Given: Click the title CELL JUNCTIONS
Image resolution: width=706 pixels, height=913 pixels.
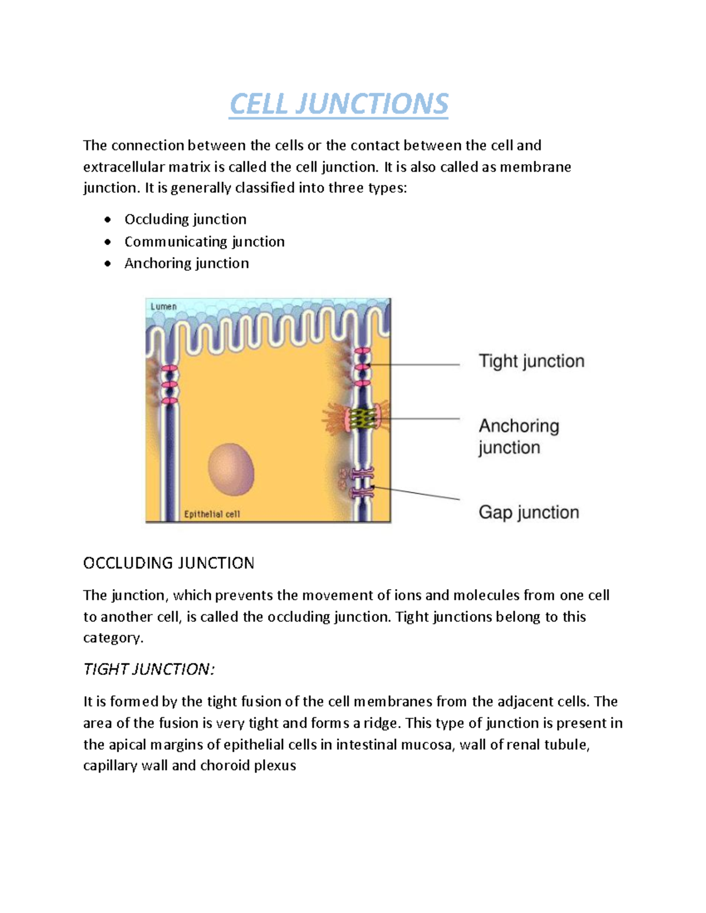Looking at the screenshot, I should click(338, 104).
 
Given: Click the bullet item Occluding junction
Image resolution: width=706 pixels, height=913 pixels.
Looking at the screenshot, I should click(185, 219).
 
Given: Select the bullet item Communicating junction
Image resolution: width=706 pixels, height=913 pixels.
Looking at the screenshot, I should click(204, 242).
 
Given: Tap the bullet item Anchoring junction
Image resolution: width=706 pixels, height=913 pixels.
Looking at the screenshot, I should click(187, 263).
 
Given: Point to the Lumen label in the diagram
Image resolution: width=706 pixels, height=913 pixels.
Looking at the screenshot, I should click(164, 307).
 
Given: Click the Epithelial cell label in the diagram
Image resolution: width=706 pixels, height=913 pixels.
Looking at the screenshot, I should click(212, 514).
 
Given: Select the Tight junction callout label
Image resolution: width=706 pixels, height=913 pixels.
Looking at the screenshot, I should click(531, 361).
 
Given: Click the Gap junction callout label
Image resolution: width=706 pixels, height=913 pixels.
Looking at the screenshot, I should click(528, 512).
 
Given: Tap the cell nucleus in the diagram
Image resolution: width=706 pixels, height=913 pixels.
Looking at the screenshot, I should click(231, 470).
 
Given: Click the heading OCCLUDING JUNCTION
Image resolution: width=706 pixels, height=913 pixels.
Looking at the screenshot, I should click(168, 563).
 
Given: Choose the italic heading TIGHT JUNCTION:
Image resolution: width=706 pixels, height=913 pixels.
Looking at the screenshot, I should click(149, 669).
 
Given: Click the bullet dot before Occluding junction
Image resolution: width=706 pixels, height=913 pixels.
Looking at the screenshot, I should click(107, 220).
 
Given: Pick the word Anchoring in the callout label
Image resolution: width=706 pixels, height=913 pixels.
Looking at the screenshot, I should click(518, 426).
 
